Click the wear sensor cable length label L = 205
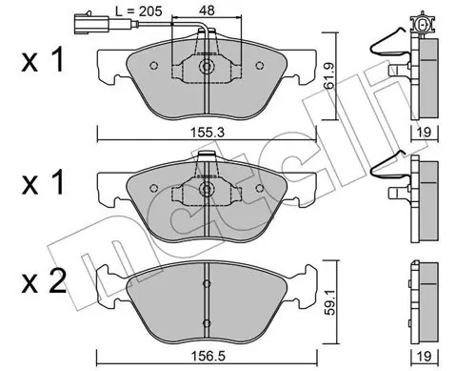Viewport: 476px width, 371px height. click(x=138, y=10)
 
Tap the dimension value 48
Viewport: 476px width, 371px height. click(x=207, y=10)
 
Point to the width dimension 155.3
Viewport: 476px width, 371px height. click(x=208, y=132)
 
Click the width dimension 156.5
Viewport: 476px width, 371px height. click(x=208, y=356)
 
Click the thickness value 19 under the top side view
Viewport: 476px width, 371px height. click(x=425, y=132)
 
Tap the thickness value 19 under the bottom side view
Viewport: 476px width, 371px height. click(x=425, y=356)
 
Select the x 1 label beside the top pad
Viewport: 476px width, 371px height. click(x=43, y=59)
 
